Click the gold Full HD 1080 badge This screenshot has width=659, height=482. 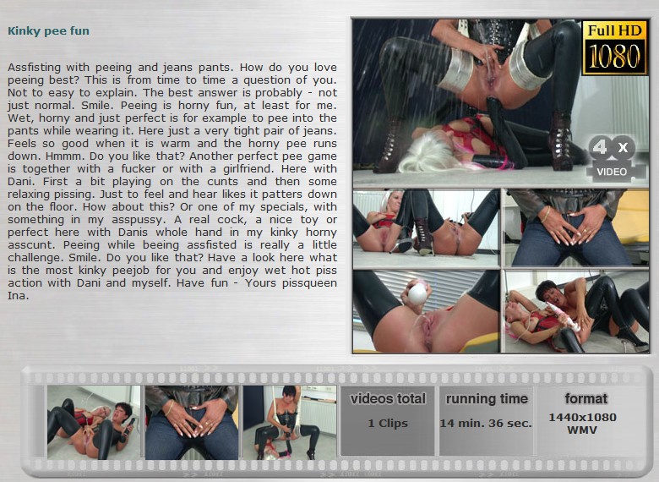coord(614,47)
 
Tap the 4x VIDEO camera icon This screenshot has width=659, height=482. coord(615,159)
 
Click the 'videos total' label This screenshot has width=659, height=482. coord(388,398)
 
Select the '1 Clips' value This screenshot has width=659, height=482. coord(388,423)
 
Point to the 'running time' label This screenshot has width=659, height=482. coord(487,398)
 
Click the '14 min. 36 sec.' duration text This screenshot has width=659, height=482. coord(486,423)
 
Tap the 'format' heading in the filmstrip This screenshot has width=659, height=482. coord(585,398)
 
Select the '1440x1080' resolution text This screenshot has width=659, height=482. coord(582,417)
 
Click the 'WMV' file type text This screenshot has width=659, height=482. coord(582,430)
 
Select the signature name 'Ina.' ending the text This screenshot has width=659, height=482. coord(18,296)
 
